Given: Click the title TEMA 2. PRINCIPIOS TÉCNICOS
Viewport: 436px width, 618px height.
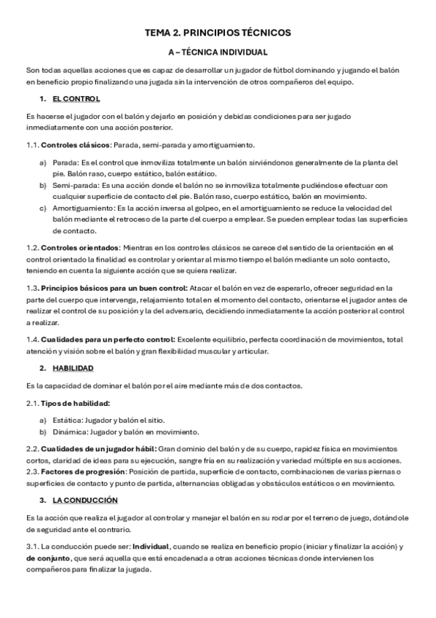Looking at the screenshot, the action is (218, 33).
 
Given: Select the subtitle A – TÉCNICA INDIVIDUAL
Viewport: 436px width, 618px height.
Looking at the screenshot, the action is (218, 52).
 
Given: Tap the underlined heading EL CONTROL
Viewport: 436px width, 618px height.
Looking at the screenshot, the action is (76, 98).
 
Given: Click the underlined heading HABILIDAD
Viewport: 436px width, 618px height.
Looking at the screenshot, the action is (73, 367).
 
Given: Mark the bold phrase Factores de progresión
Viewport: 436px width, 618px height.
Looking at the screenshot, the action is (79, 460).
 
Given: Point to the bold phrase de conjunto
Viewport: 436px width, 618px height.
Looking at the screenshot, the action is (47, 558).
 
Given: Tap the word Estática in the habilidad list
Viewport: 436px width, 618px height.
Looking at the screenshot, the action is (68, 420).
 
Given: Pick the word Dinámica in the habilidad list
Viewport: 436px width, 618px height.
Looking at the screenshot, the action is (70, 431).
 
